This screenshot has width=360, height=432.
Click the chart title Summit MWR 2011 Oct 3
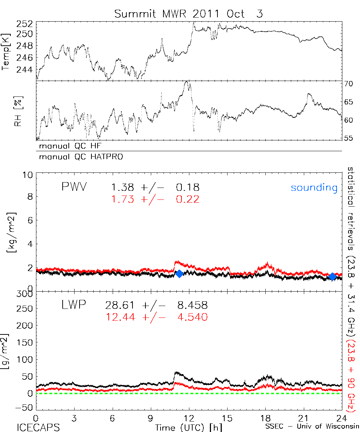(x=189, y=14)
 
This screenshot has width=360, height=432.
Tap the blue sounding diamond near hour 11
(x=179, y=274)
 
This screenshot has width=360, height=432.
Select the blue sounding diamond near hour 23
(x=333, y=276)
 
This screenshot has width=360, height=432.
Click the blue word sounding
(x=314, y=188)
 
